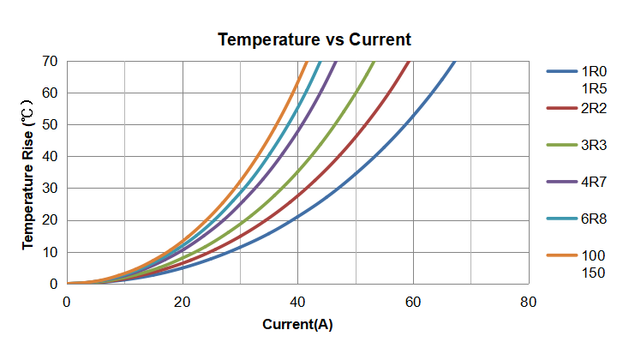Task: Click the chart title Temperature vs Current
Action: point(314,39)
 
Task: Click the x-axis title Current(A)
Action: point(297,325)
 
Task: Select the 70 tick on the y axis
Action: point(50,62)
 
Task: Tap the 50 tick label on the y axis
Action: point(50,125)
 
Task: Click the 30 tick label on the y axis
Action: point(50,189)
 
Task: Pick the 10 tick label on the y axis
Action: point(50,252)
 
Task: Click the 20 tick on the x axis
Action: point(182,301)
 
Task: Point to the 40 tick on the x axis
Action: point(297,301)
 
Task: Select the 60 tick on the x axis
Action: point(413,301)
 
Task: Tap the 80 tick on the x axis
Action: point(529,301)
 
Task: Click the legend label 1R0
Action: point(594,71)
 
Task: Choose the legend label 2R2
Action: point(594,108)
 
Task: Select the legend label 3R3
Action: point(594,145)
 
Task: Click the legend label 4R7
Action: point(594,182)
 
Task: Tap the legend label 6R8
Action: point(594,219)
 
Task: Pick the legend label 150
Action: point(593,273)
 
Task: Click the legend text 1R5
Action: point(594,88)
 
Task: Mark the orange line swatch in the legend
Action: point(561,255)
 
